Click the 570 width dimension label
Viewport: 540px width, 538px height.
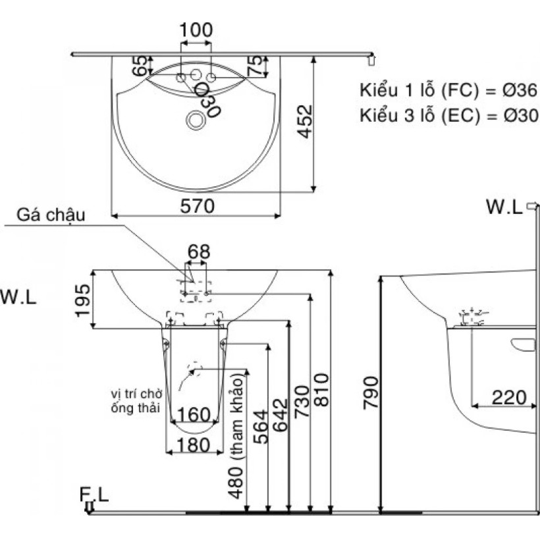point(197,206)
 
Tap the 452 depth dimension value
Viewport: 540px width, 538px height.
point(305,122)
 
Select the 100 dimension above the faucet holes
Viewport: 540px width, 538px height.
point(196,30)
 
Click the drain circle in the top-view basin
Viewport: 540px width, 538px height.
point(196,121)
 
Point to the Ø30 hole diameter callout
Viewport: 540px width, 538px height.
point(207,101)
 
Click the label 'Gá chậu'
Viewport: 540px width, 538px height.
point(51,215)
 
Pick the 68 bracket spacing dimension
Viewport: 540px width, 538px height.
point(199,252)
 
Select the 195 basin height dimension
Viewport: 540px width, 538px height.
point(83,300)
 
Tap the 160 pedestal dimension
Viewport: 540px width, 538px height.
point(194,414)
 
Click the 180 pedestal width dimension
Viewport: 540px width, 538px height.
point(194,444)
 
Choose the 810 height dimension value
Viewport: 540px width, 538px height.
point(321,390)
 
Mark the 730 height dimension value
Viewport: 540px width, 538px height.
point(302,402)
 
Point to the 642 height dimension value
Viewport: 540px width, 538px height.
point(280,415)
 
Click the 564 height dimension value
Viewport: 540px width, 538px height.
point(260,427)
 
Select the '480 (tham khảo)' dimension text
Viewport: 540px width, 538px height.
point(236,437)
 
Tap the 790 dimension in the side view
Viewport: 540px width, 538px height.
point(371,393)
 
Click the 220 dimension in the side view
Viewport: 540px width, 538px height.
point(509,398)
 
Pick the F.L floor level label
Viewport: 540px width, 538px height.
point(94,495)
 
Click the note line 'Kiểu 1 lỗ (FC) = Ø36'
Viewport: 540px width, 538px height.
point(448,90)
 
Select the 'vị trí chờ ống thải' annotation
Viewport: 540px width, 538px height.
point(136,400)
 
